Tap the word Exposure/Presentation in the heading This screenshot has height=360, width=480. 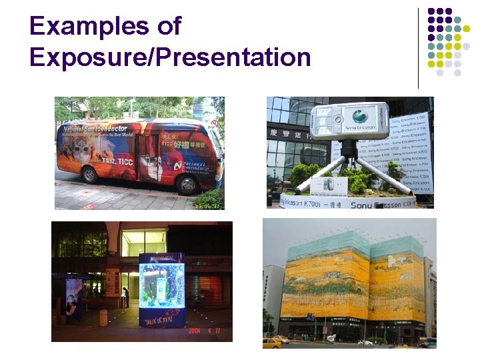point(170,58)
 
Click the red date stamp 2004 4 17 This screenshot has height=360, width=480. point(207,330)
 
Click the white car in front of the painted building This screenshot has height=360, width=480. point(366,343)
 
